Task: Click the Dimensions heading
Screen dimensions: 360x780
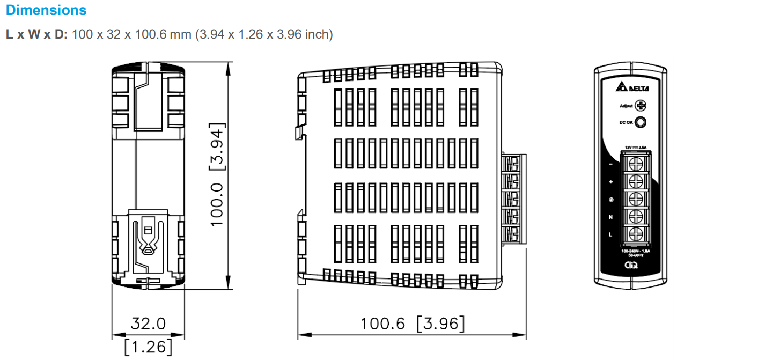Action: (46, 10)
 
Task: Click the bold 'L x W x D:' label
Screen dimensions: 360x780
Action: (36, 34)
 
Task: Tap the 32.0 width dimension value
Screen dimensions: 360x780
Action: (148, 324)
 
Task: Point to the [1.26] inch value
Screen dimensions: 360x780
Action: (148, 346)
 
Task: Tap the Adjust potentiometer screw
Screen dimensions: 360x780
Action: (640, 106)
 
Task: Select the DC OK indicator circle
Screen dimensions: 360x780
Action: (640, 122)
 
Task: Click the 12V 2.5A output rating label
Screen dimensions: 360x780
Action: (636, 146)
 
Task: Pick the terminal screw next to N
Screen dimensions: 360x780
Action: (636, 216)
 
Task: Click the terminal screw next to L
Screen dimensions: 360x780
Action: (636, 234)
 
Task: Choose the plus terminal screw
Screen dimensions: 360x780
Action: (636, 180)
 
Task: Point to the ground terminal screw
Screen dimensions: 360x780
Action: (636, 198)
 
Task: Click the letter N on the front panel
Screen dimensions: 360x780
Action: (611, 217)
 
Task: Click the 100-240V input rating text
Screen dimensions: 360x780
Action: (636, 251)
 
